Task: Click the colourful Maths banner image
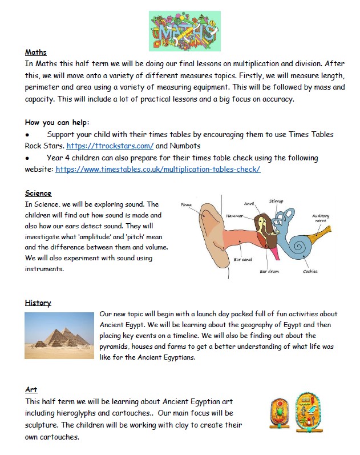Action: click(x=185, y=31)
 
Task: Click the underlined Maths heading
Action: click(x=36, y=52)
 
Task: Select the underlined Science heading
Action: click(x=38, y=193)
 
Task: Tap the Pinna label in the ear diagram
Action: click(x=186, y=204)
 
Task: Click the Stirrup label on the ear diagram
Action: click(x=276, y=201)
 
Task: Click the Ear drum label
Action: click(x=269, y=271)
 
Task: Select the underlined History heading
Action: click(x=38, y=303)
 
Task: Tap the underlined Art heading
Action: click(x=31, y=389)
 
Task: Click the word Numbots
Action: click(x=189, y=146)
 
